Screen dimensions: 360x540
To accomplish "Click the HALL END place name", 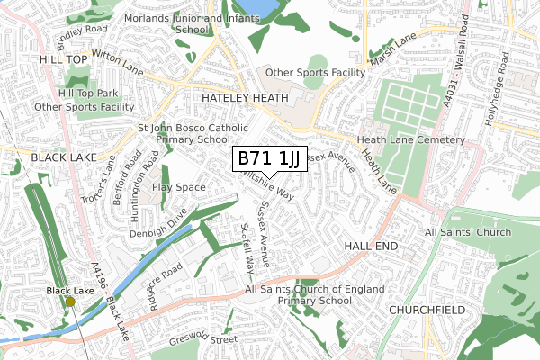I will pyautogui.click(x=371, y=245).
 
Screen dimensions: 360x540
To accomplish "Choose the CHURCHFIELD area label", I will pyautogui.click(x=425, y=309).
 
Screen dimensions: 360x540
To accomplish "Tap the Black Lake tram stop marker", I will pyautogui.click(x=70, y=302).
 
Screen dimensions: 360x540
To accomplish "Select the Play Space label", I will pyautogui.click(x=179, y=187).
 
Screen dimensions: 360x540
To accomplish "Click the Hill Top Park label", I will pyautogui.click(x=88, y=93).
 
